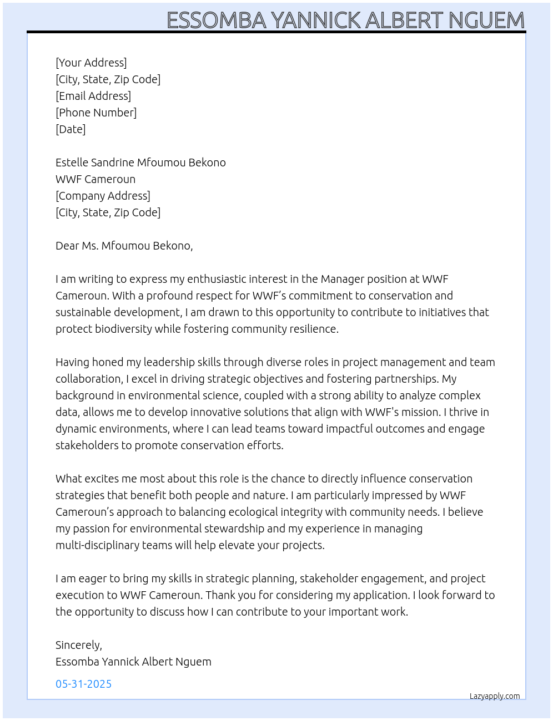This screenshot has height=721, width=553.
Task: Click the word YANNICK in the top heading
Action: coord(316,21)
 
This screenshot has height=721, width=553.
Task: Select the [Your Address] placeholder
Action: coord(91,63)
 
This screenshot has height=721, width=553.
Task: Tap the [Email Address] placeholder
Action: coord(93,96)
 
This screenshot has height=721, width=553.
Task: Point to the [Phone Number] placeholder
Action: coord(96,113)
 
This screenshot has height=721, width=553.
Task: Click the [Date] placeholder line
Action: coord(71,129)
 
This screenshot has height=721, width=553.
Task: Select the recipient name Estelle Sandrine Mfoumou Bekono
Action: coord(140,163)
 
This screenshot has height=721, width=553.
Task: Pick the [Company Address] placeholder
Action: coord(103,196)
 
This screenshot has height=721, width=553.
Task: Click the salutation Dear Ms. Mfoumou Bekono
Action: coord(124,246)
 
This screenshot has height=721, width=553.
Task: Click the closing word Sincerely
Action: coord(78,645)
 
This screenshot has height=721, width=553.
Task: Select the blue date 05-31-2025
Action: coord(83,684)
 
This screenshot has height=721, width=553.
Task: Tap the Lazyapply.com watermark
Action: coord(495,696)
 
